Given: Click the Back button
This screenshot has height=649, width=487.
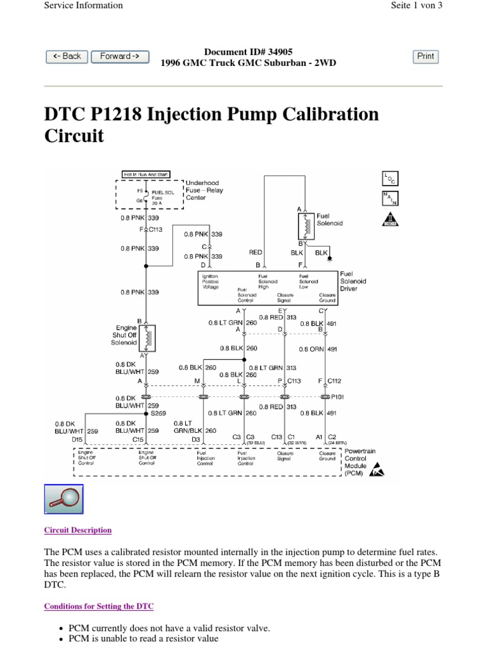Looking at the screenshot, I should coord(67,56).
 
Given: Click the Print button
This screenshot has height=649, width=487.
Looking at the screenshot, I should coord(425,56).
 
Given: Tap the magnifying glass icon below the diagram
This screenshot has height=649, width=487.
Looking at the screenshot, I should coord(63,499).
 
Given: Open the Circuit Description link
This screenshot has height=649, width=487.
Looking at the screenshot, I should coord(77,530).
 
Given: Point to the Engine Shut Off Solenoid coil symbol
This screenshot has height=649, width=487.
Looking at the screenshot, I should coord(148,338).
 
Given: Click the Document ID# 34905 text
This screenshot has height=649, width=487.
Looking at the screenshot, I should coord(249,51).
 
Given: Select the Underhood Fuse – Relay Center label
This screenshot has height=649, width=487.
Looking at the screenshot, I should coord(204,190).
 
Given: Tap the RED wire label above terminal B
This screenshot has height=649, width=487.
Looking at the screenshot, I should coord(256,252).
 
